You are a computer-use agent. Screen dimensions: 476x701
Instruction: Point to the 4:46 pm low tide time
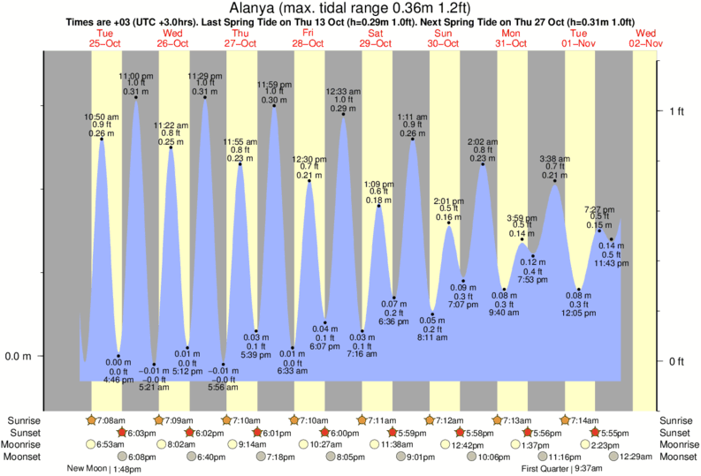point(118,380)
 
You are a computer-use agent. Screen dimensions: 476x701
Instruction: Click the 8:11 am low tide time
point(433,337)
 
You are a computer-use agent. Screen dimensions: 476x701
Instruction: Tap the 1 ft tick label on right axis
point(677,111)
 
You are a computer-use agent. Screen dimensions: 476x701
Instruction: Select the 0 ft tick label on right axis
point(677,361)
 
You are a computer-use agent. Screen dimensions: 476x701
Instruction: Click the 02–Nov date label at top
point(645,43)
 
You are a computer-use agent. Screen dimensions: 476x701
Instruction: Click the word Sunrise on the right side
point(677,420)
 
